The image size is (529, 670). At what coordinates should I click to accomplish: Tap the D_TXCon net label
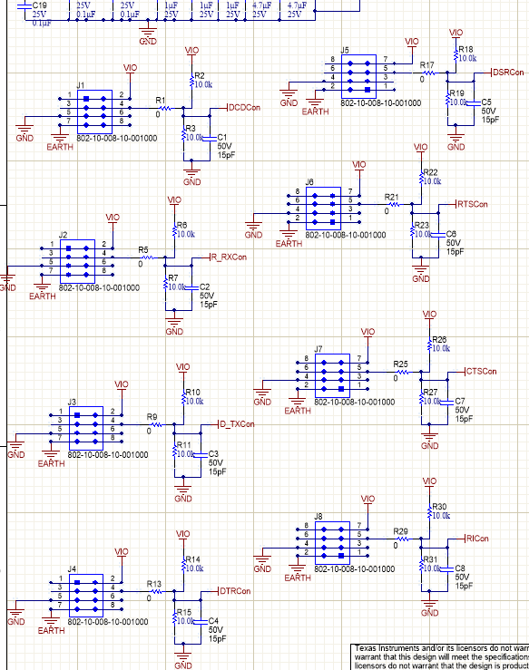point(237,424)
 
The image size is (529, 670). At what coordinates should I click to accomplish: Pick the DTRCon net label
point(235,591)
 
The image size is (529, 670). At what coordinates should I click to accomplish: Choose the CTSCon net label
point(482,372)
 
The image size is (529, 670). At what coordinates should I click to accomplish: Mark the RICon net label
point(476,539)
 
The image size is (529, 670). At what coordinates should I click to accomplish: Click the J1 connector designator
point(81,86)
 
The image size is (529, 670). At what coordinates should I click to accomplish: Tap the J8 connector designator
point(318,517)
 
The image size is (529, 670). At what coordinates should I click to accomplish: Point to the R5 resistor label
point(143,249)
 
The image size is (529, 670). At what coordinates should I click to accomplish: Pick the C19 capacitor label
point(40,5)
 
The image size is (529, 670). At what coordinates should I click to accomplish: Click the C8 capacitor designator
point(460,568)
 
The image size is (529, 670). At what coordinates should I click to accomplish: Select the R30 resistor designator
point(440,507)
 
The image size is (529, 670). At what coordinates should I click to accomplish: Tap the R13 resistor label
point(153,584)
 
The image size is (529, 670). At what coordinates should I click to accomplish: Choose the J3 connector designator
point(72,402)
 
